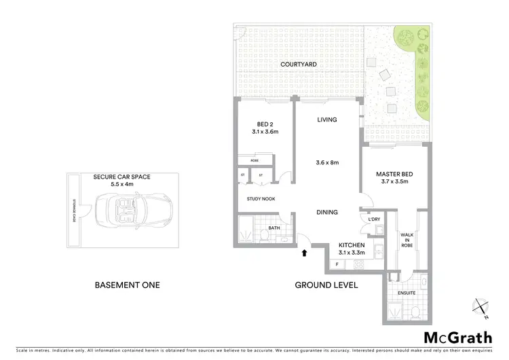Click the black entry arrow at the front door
304,253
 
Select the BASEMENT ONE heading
128,285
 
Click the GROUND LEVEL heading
326,285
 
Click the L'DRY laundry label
374,219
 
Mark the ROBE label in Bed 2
254,160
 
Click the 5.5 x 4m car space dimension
122,183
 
